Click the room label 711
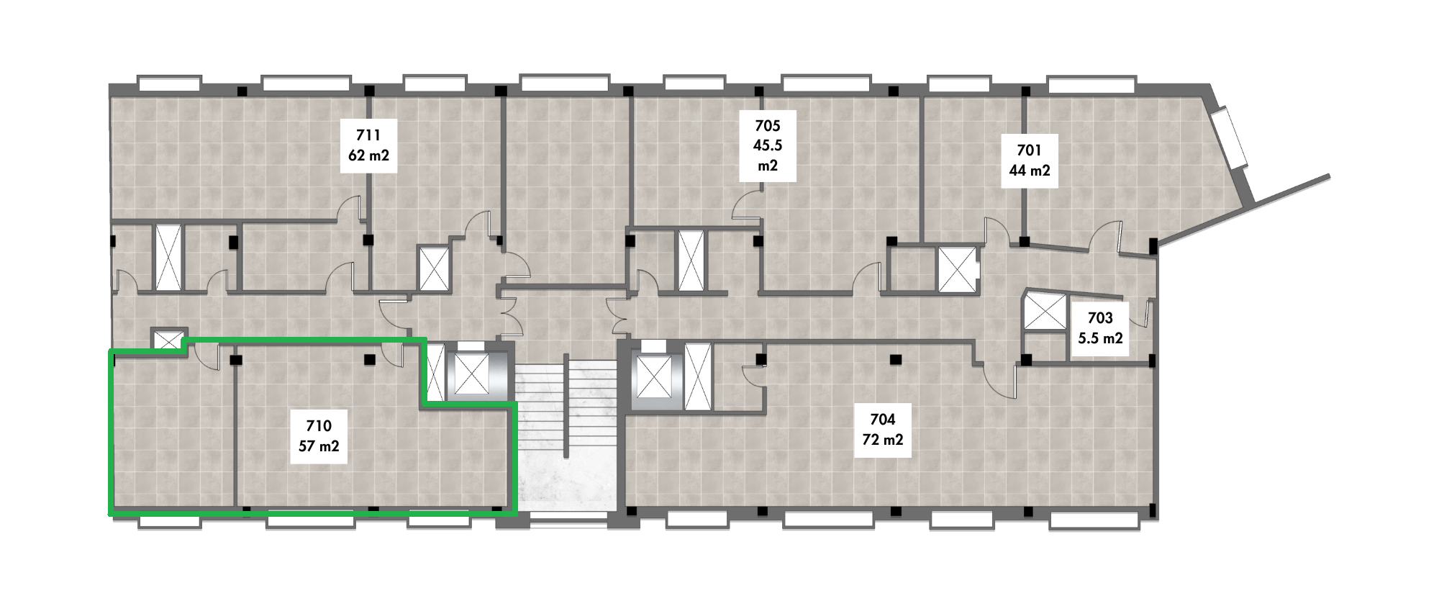click(368, 135)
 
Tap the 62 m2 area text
click(368, 154)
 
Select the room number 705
click(767, 126)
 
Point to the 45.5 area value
click(768, 145)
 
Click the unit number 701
click(1029, 151)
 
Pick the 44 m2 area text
click(1029, 171)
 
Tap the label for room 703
click(1100, 318)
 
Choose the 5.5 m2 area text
click(1100, 338)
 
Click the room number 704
click(883, 420)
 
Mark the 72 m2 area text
click(883, 440)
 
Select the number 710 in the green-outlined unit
click(318, 426)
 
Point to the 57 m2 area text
click(318, 446)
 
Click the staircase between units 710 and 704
click(568, 432)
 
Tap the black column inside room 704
click(895, 358)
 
